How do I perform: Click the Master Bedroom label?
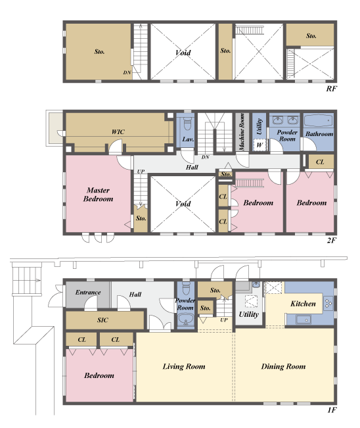tap(98, 195)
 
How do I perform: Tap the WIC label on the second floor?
tap(118, 132)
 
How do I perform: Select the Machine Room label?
tap(242, 132)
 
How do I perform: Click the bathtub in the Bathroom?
tap(319, 120)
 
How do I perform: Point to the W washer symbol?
tap(259, 145)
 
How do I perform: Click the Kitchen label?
tap(303, 304)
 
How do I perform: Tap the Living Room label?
tap(184, 366)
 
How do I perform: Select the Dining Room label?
tap(283, 366)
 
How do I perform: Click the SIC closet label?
tap(102, 320)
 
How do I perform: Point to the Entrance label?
tap(88, 293)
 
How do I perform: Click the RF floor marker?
tap(332, 89)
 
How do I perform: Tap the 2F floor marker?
tap(332, 240)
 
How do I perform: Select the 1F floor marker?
tap(332, 410)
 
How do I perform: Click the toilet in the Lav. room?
tap(187, 124)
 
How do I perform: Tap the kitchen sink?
tap(304, 320)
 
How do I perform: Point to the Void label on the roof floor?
tap(183, 53)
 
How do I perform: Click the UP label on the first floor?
tap(224, 320)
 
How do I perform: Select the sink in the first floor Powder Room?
tap(186, 320)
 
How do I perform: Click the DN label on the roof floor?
tap(127, 72)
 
